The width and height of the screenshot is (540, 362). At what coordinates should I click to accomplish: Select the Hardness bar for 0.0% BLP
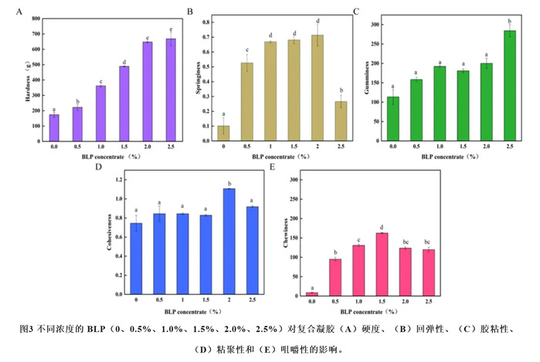(55, 128)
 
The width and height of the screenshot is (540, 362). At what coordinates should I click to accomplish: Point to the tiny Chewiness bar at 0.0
(312, 294)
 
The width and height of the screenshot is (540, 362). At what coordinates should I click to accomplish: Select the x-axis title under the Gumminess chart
(449, 156)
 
